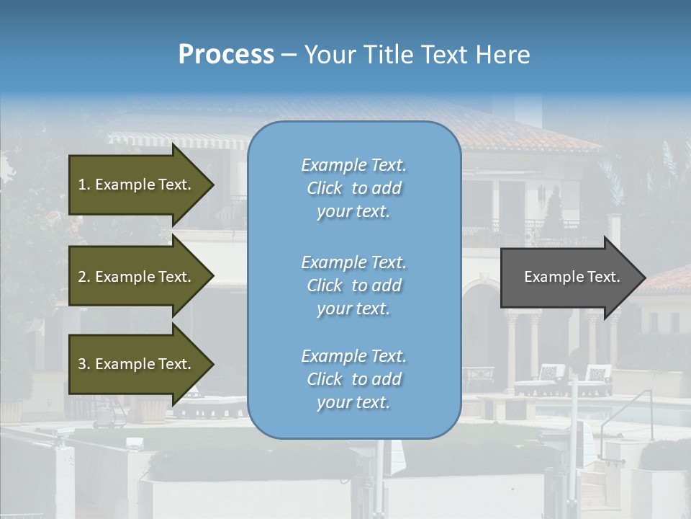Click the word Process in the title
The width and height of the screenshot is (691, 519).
[x=226, y=55]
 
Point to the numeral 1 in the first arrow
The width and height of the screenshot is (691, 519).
[x=82, y=185]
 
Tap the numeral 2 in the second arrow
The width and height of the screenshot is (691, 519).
[x=82, y=277]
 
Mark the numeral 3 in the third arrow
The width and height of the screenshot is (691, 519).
[x=82, y=364]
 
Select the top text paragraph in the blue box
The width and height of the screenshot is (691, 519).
[x=353, y=188]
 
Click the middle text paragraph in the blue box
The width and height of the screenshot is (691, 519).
[x=353, y=285]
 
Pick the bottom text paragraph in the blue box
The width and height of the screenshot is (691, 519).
[x=353, y=379]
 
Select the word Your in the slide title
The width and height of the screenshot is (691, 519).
[x=328, y=55]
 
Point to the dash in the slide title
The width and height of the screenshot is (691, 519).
[x=289, y=56]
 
